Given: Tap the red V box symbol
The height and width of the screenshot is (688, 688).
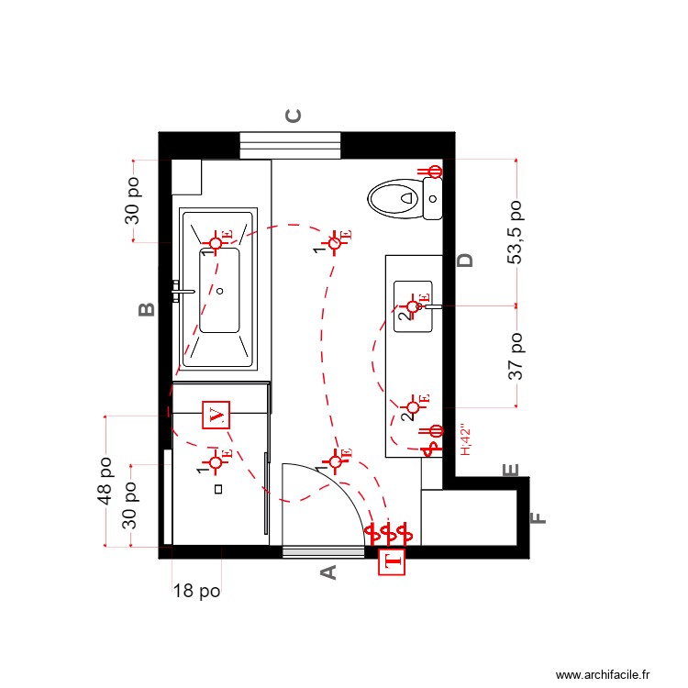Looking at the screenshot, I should coord(216,415).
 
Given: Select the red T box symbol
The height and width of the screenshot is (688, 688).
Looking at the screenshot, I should coord(392,562).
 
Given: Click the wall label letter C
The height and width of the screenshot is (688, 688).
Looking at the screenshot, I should coord(294,116).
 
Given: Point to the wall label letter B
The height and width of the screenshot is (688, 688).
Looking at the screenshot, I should coord(146,309).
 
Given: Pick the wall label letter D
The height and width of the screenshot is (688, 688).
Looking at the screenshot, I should coord(466,260).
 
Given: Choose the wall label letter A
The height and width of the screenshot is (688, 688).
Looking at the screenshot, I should coord(327,572).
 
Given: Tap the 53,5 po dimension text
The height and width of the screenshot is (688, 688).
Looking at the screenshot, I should coord(516,233).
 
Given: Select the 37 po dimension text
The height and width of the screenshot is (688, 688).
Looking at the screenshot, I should coord(516,356).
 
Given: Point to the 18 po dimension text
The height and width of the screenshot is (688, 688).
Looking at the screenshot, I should coord(196,592).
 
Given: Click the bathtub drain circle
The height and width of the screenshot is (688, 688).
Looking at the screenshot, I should coord(220,291).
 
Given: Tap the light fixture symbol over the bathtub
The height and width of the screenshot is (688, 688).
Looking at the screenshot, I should coord(216,242).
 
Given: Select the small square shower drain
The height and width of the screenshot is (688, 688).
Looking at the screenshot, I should coord(218,489).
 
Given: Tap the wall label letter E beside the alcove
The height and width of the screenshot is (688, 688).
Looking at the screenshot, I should coord(512,471).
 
